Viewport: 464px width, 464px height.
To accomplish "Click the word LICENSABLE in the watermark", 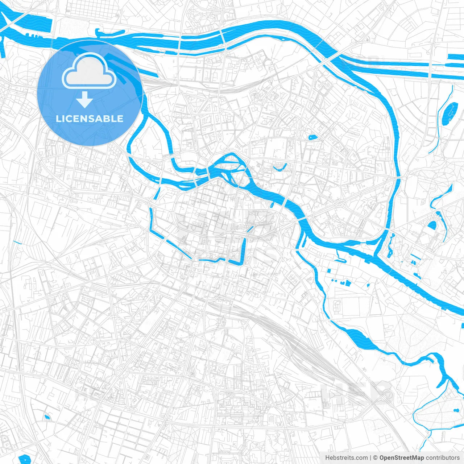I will [90, 119].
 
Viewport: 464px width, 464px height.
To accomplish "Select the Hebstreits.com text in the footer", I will [346, 458].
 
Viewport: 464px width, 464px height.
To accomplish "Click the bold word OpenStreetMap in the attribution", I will [401, 458].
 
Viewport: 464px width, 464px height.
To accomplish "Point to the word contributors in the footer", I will [442, 458].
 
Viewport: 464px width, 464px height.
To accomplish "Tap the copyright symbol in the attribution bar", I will [376, 458].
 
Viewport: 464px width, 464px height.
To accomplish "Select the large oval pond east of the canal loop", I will [450, 112].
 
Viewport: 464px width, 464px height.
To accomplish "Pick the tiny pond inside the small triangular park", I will [46, 417].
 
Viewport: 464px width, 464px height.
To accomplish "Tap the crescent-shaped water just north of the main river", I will [279, 168].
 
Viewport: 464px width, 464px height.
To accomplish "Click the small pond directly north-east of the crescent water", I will [312, 137].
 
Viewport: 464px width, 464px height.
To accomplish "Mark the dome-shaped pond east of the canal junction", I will [432, 225].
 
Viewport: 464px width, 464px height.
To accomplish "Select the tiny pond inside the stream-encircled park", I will [456, 410].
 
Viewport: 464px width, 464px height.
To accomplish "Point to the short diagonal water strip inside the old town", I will [250, 229].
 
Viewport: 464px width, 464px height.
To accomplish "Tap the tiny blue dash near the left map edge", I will [17, 242].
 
